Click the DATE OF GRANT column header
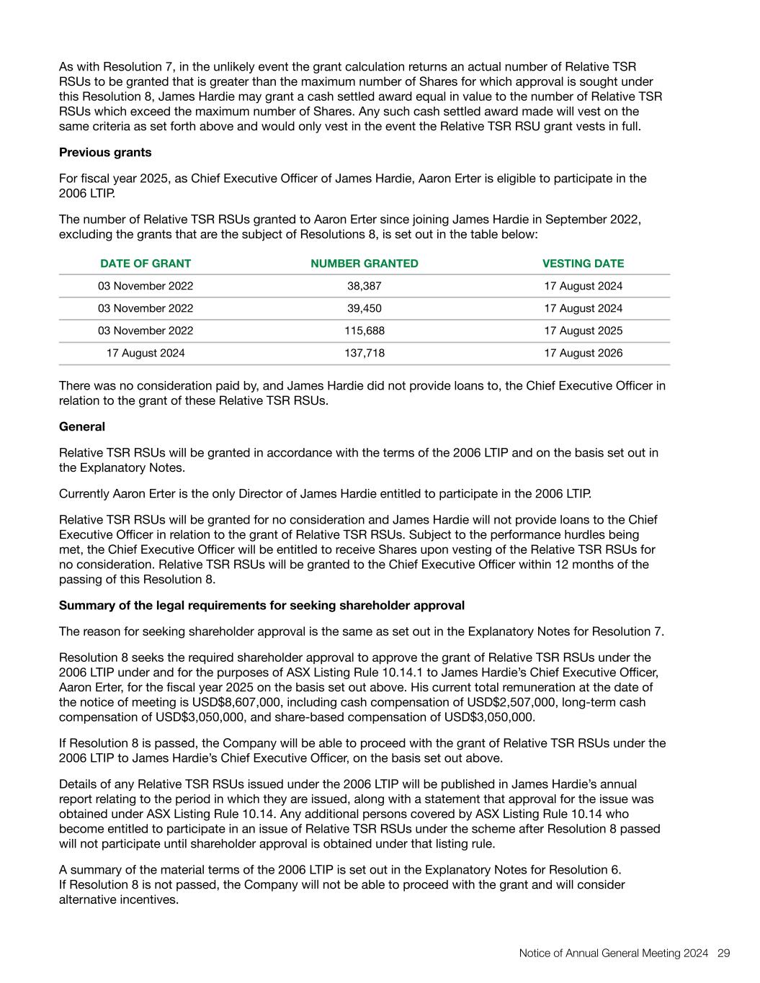pyautogui.click(x=146, y=264)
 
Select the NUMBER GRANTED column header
pyautogui.click(x=364, y=264)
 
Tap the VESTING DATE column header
pyautogui.click(x=583, y=264)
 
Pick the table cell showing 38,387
pyautogui.click(x=364, y=286)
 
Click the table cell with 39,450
pyautogui.click(x=364, y=308)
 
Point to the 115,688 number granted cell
pyautogui.click(x=364, y=331)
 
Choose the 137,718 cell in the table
pyautogui.click(x=364, y=353)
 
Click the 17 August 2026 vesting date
pyautogui.click(x=583, y=353)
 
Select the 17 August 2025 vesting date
pyautogui.click(x=583, y=331)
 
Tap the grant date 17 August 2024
pyautogui.click(x=146, y=353)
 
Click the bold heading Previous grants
pyautogui.click(x=105, y=152)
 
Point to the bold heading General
pyautogui.click(x=82, y=426)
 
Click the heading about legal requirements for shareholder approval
pyautogui.click(x=261, y=605)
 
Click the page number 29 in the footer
pyautogui.click(x=723, y=953)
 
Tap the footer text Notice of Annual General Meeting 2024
pyautogui.click(x=614, y=953)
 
